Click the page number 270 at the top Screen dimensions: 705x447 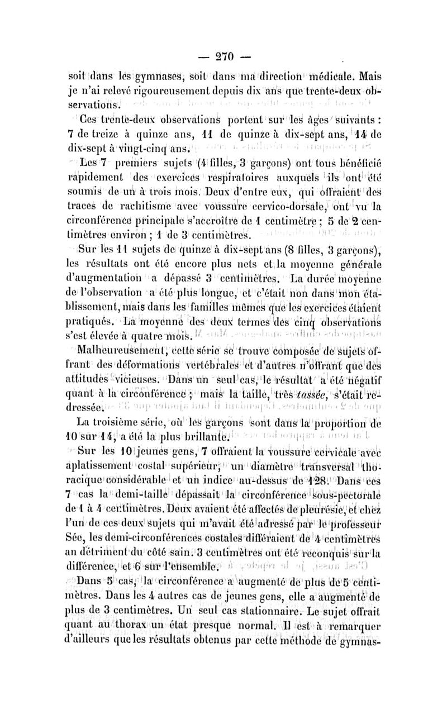point(222,57)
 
